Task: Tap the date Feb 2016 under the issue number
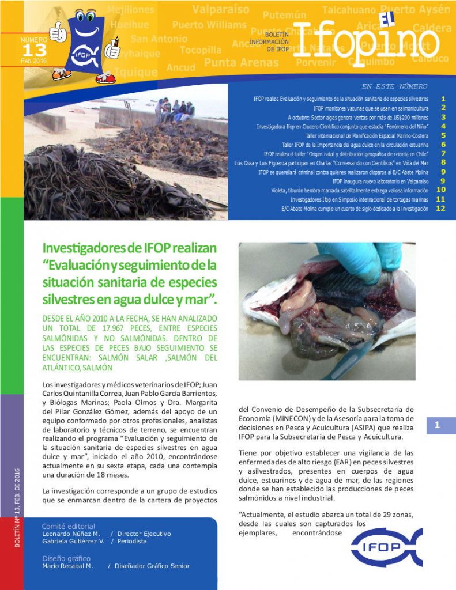[x=33, y=60]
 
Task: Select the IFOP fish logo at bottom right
[x=387, y=547]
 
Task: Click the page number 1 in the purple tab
[x=438, y=425]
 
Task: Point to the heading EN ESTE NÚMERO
[x=394, y=86]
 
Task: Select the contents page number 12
[x=441, y=209]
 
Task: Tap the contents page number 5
[x=443, y=135]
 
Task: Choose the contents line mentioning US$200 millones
[x=358, y=117]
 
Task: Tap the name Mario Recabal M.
[x=67, y=566]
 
